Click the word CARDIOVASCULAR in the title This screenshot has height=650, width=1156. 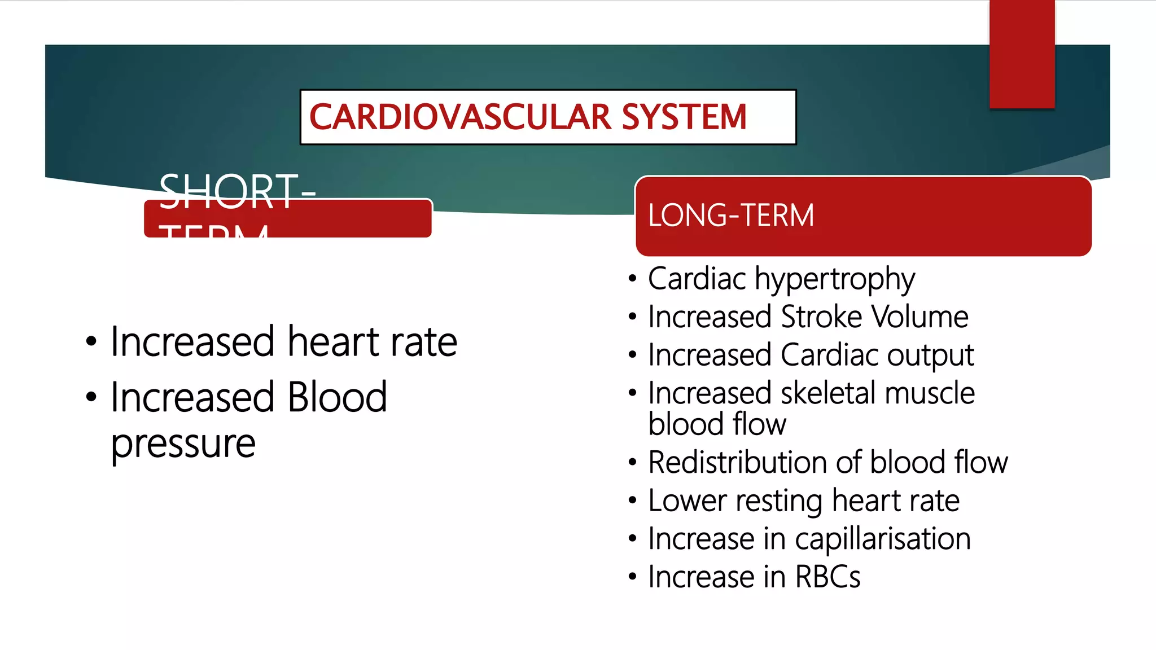pyautogui.click(x=460, y=117)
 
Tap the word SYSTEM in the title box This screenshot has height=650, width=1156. pyautogui.click(x=684, y=117)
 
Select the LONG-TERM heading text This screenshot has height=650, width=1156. pyautogui.click(x=730, y=216)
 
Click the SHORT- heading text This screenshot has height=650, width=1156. pyautogui.click(x=237, y=192)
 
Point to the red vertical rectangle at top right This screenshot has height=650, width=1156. pyautogui.click(x=1022, y=54)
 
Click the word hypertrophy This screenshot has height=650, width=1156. pyautogui.click(x=835, y=280)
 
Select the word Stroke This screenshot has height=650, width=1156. pyautogui.click(x=821, y=317)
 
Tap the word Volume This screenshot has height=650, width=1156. pyautogui.click(x=920, y=317)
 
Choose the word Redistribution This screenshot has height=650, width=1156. pyautogui.click(x=737, y=463)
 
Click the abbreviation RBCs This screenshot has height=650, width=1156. pyautogui.click(x=827, y=577)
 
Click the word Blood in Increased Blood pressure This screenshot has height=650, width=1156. pyautogui.click(x=337, y=397)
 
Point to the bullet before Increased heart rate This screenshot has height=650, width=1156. pyautogui.click(x=91, y=342)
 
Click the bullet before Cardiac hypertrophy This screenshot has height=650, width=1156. pyautogui.click(x=633, y=279)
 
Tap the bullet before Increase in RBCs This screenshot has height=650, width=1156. pyautogui.click(x=633, y=577)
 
